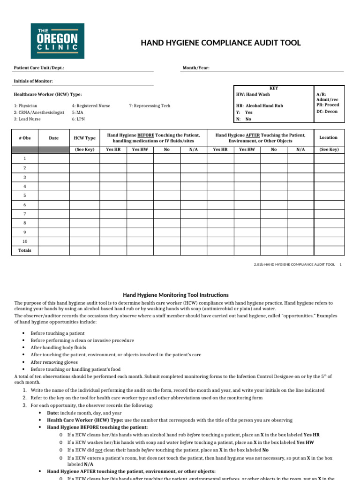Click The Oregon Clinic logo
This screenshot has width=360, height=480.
tap(57, 41)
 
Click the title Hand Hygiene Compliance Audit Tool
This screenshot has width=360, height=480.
tap(221, 43)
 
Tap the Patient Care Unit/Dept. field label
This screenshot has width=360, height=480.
tap(39, 68)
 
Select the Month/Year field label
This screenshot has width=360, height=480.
tap(196, 68)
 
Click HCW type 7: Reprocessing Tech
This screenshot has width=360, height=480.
tap(150, 106)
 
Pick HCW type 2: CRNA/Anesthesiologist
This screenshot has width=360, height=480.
tap(39, 112)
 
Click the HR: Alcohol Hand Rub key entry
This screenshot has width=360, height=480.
tap(260, 106)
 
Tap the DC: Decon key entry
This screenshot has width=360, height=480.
tap(327, 112)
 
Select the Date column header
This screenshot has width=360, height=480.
tap(54, 138)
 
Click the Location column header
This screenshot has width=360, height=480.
tap(328, 137)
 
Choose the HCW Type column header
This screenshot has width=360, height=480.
tap(84, 138)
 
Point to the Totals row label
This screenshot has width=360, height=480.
tap(25, 250)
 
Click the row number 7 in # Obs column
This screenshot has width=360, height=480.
tap(25, 214)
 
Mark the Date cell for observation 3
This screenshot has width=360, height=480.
tap(54, 177)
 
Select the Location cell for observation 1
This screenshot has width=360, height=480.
tap(328, 159)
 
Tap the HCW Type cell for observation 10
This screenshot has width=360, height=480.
tap(84, 241)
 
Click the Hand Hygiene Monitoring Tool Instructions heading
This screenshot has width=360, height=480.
tap(176, 295)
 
